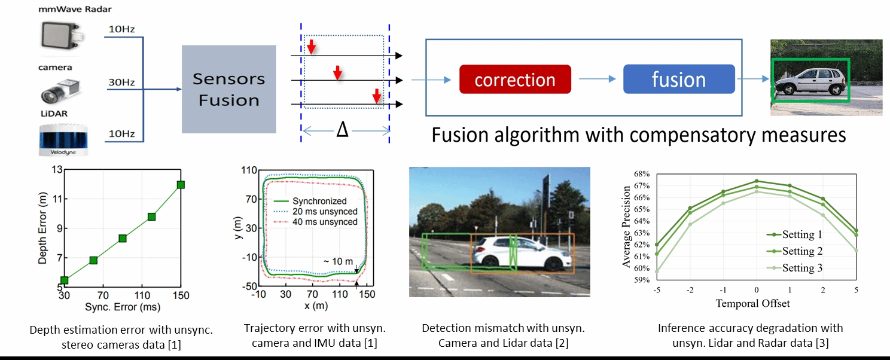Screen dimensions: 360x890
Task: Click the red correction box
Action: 515,80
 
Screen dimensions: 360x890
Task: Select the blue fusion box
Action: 679,80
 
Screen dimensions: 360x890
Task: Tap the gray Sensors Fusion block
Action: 229,89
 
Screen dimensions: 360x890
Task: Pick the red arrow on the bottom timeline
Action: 376,95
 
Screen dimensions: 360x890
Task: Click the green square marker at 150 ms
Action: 181,185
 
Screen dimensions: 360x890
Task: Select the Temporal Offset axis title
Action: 752,303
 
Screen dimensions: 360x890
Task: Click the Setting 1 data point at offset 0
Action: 757,181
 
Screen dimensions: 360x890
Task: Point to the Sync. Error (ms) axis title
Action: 123,308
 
